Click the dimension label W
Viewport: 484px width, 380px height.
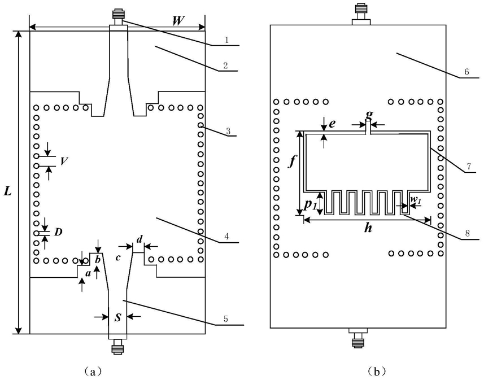pos(178,21)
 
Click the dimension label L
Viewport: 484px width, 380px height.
pos(7,192)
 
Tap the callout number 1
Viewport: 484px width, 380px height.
pos(226,40)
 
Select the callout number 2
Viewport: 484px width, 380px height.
pos(226,65)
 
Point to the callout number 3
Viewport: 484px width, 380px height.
pos(228,130)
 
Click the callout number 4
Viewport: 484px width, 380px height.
pos(226,237)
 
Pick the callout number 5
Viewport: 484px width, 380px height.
pos(226,319)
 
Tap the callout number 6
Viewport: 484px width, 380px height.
pos(466,72)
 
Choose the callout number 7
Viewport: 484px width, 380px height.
pos(468,167)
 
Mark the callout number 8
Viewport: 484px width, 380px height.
pos(467,233)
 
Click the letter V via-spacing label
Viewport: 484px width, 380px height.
pos(64,161)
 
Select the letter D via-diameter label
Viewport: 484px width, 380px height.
pos(58,232)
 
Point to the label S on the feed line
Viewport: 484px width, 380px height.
pos(117,318)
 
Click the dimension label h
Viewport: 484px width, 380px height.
pos(368,229)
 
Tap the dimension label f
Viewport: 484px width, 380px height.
pos(291,161)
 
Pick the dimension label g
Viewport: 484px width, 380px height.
pos(369,115)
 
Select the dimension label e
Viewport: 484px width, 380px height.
pos(332,124)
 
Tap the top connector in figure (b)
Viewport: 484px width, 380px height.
pos(361,14)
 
